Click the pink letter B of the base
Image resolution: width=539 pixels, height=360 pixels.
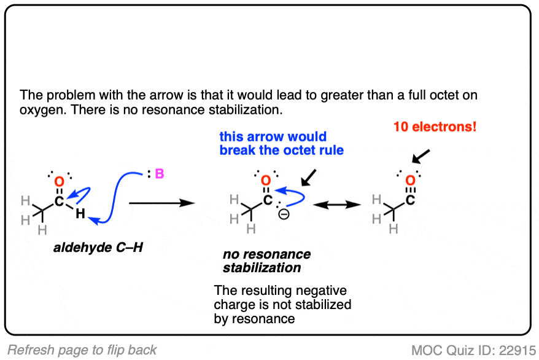160,174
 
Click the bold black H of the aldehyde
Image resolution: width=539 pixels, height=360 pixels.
80,214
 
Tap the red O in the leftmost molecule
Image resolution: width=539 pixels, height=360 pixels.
59,182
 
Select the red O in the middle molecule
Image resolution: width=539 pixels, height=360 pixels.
266,180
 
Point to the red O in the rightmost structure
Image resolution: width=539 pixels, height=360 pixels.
411,180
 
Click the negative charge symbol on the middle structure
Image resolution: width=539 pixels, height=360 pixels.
284,214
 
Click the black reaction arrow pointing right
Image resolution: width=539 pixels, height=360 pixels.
162,203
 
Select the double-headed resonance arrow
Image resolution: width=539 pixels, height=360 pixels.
337,205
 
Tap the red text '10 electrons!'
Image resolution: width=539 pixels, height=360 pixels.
435,127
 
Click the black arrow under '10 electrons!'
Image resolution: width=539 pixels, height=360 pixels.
421,157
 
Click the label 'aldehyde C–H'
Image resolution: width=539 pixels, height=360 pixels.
98,248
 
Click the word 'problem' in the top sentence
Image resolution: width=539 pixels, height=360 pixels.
71,95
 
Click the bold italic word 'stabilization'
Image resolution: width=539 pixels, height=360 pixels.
262,267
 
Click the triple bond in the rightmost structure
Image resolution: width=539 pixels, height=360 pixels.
411,190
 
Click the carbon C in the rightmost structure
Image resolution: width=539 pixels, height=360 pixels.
410,200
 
